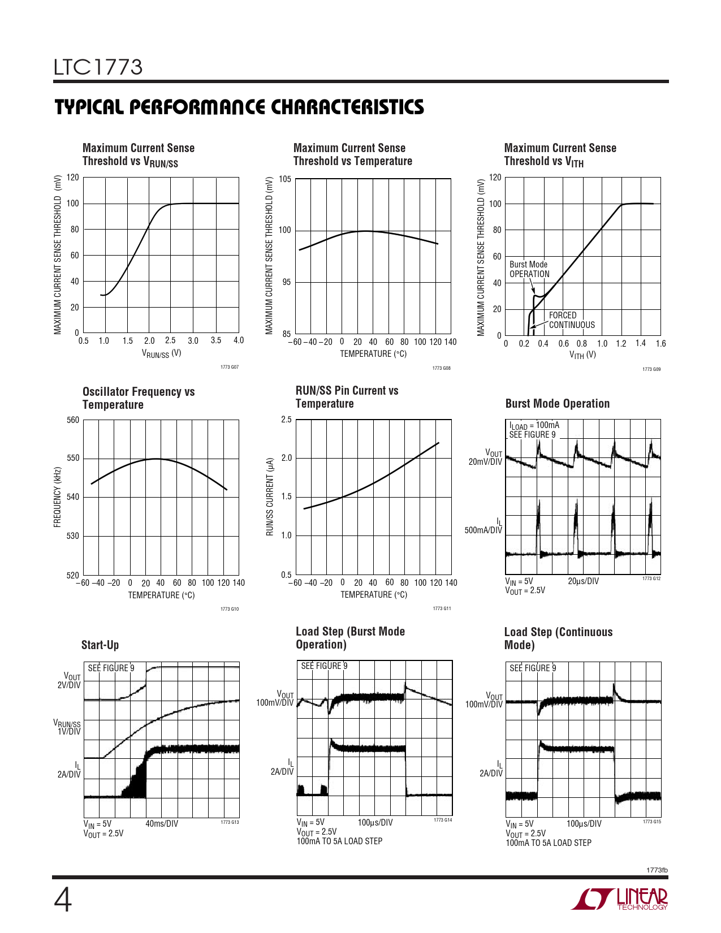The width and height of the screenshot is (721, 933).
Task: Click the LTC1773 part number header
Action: pyautogui.click(x=98, y=67)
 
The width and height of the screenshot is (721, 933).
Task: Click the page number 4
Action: pyautogui.click(x=62, y=900)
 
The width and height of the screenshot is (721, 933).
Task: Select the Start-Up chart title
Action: pyautogui.click(x=100, y=645)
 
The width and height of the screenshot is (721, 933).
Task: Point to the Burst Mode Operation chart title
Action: pyautogui.click(x=557, y=404)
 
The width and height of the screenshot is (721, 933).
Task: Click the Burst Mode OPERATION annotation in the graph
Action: pyautogui.click(x=529, y=269)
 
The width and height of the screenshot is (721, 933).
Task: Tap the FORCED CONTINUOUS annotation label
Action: pyautogui.click(x=571, y=320)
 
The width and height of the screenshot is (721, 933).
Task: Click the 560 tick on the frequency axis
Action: pyautogui.click(x=73, y=420)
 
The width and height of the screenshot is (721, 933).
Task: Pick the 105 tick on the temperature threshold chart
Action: pyautogui.click(x=284, y=179)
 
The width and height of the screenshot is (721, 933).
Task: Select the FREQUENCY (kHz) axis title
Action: pyautogui.click(x=57, y=497)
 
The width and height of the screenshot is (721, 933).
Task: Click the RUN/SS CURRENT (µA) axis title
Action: pyautogui.click(x=270, y=497)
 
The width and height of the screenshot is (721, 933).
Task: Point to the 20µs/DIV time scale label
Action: pyautogui.click(x=583, y=581)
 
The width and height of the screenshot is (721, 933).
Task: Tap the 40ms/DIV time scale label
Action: pyautogui.click(x=162, y=823)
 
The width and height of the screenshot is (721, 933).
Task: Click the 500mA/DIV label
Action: pyautogui.click(x=483, y=530)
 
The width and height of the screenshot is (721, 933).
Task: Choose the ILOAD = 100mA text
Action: pyautogui.click(x=534, y=426)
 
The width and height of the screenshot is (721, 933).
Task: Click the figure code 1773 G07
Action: pyautogui.click(x=229, y=367)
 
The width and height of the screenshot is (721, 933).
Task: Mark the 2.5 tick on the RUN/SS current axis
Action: pyautogui.click(x=286, y=420)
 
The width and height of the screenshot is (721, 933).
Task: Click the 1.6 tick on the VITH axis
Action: pyautogui.click(x=660, y=343)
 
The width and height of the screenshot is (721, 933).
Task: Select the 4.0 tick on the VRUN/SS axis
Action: pyautogui.click(x=238, y=340)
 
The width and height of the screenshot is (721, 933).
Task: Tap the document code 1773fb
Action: pyautogui.click(x=657, y=870)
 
